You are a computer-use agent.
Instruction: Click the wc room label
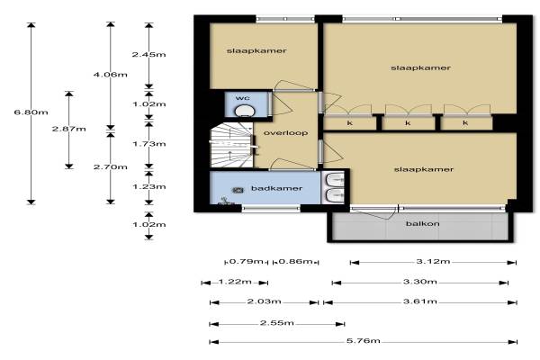[243, 98]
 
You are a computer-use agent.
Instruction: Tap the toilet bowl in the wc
[245, 112]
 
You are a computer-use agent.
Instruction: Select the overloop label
[285, 133]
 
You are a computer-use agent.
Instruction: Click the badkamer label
[276, 188]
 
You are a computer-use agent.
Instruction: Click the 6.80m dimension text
[31, 112]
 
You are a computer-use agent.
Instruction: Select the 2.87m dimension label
[69, 130]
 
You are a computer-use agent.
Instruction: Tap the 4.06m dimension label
[110, 75]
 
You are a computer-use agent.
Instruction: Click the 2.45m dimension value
[148, 54]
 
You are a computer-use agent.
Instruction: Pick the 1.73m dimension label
[149, 144]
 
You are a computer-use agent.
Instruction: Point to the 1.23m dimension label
[149, 186]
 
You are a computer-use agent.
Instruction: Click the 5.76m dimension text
[364, 341]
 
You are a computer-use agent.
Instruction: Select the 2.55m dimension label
[277, 323]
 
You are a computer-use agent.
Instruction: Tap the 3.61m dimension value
[420, 301]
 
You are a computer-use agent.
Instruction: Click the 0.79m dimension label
[246, 262]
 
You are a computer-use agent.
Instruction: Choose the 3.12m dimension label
[433, 262]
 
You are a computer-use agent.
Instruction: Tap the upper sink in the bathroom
[335, 179]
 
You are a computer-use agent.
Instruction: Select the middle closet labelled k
[408, 123]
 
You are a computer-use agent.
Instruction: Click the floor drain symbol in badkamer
[238, 190]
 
